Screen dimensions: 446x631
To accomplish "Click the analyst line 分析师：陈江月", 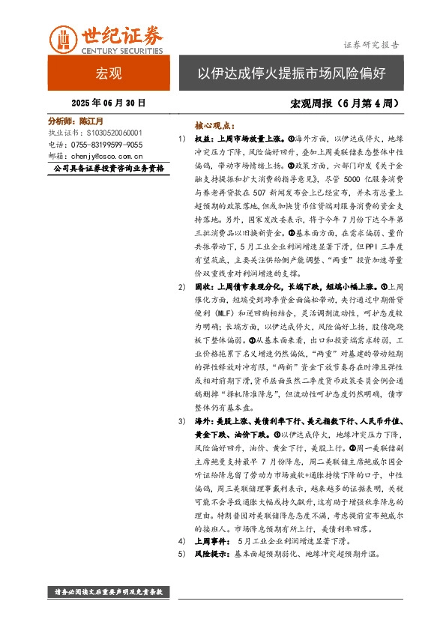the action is pos(75,120).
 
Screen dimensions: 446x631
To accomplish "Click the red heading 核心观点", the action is pos(214,127).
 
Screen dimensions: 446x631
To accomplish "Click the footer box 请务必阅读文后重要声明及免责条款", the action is pos(109,592).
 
